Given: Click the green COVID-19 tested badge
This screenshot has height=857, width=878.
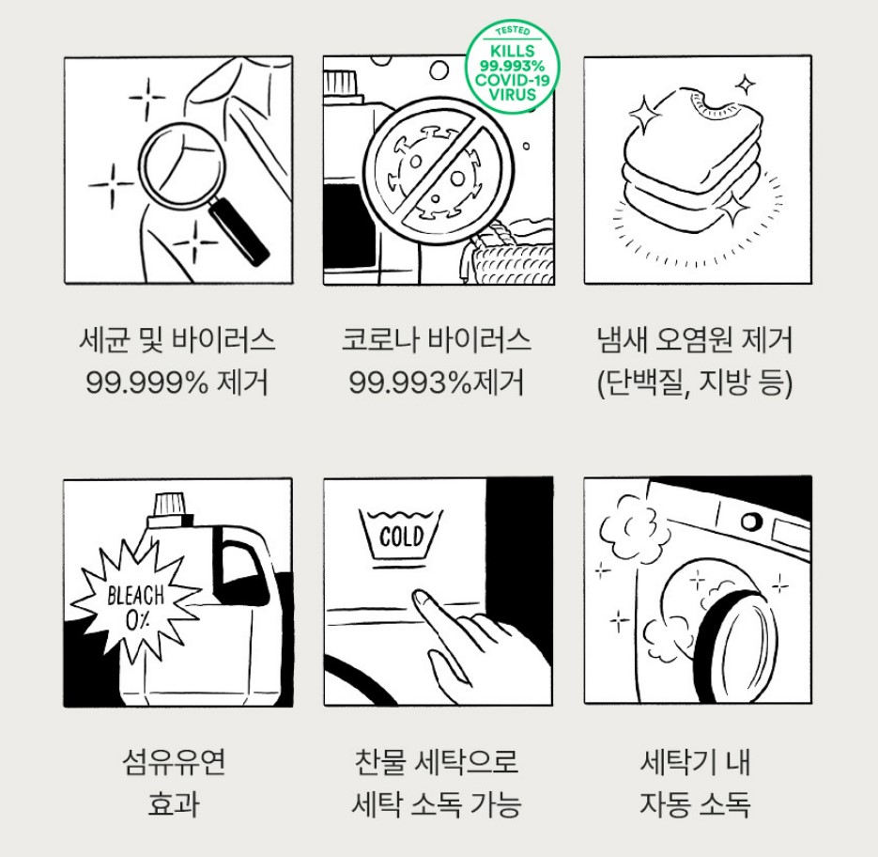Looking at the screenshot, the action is tap(513, 66).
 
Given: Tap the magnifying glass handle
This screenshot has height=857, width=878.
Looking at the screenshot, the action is tap(239, 231).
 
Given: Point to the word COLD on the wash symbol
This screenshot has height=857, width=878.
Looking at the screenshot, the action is tap(402, 537).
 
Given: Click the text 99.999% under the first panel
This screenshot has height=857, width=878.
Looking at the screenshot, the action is tap(147, 382).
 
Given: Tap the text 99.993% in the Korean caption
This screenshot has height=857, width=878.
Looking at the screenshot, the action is tap(410, 382).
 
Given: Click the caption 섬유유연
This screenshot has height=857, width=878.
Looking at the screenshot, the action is tap(174, 762).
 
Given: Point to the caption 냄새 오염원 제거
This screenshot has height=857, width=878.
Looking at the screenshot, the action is tap(695, 340).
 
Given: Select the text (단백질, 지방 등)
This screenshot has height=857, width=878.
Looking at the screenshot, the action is tap(695, 383).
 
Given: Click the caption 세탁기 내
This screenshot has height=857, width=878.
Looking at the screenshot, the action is tap(695, 762).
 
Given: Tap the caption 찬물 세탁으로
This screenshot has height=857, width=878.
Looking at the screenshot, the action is tap(437, 762).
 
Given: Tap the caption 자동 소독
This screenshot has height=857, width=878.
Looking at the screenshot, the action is tap(695, 804).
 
